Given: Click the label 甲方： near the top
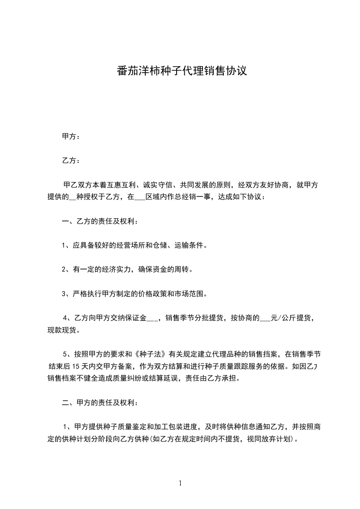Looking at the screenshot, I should tap(70, 137).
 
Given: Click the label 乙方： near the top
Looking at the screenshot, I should tap(70, 161).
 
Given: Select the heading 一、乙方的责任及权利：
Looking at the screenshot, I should tap(99, 221).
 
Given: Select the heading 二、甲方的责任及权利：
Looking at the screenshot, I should tap(99, 402).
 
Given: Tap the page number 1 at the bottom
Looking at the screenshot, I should tap(180, 484).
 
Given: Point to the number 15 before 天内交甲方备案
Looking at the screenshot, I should tap(76, 366).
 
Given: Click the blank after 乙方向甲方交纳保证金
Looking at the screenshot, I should tap(153, 318).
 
